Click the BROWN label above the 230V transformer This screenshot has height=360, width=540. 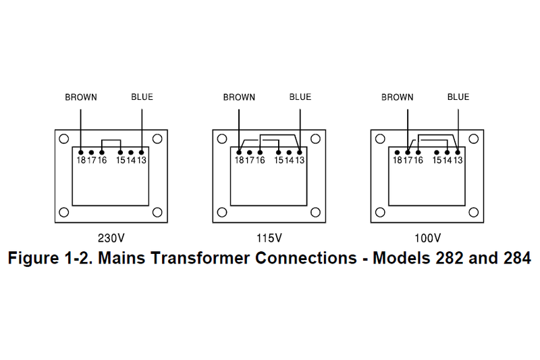80,97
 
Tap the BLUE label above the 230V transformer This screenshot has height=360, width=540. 142,97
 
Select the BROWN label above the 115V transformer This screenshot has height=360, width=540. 239,97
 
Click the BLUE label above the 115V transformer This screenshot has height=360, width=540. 300,97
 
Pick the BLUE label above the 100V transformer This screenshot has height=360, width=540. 458,97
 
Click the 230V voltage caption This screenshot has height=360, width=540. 111,238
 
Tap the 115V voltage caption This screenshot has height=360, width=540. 269,238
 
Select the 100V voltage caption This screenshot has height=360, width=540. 427,238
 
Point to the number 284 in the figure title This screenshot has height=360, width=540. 517,257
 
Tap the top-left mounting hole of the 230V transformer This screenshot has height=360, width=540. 63,139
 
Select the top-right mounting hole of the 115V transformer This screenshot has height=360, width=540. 315,139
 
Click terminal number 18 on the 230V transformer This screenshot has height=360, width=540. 80,160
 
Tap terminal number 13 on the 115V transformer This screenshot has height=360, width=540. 300,160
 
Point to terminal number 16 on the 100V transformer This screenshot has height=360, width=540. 418,160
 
